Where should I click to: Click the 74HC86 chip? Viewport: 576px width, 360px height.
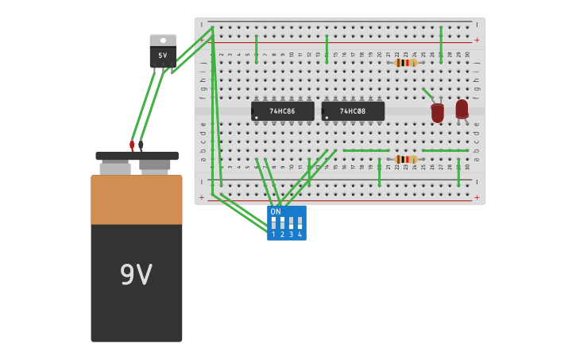282,111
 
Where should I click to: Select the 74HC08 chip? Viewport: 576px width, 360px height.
353,111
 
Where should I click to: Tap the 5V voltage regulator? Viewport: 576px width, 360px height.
163,55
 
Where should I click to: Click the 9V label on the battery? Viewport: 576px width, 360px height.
136,275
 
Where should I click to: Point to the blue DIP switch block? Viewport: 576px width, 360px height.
286,223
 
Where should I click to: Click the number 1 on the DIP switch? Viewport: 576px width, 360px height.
273,234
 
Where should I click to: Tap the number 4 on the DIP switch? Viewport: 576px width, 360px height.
300,234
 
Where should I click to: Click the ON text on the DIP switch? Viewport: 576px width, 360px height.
276,212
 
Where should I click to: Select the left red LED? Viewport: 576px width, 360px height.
438,113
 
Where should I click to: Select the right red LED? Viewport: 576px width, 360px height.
462,109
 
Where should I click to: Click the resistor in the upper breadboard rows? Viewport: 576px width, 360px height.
405,62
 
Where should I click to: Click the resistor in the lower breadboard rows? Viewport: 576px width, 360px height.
405,159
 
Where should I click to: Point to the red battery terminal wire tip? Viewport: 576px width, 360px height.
132,145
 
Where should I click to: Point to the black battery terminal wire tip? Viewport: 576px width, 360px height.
141,145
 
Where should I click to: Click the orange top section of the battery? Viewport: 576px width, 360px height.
136,199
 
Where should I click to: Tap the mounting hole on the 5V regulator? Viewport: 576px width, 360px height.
163,39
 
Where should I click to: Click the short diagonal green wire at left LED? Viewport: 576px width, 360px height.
427,94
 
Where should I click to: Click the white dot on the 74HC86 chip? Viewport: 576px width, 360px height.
256,118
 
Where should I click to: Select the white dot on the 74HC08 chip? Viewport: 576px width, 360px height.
326,118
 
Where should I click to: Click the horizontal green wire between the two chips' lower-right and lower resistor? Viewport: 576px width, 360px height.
365,150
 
